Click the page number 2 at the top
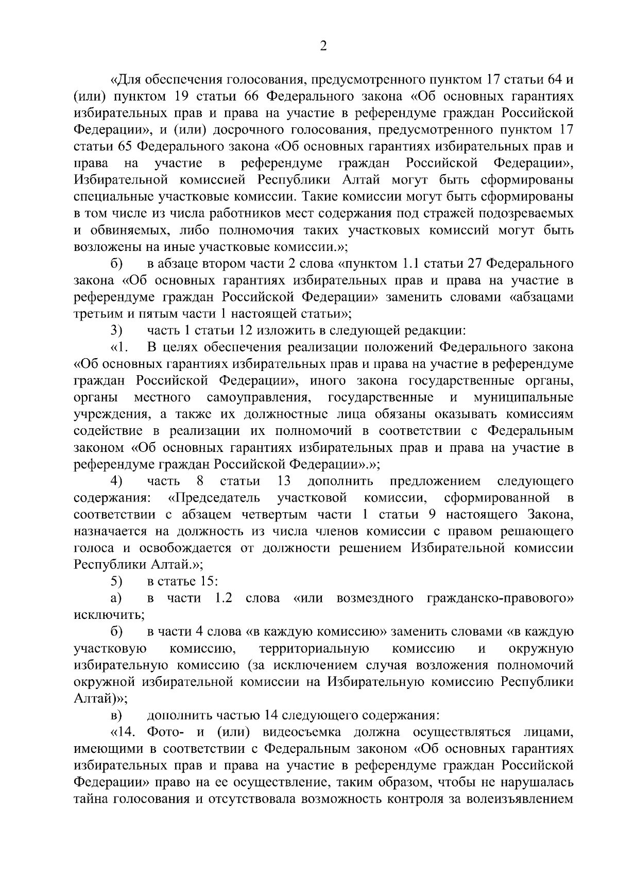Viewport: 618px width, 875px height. pos(323,46)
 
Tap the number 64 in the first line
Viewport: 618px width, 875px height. pos(554,80)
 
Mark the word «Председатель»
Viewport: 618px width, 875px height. pos(214,498)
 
